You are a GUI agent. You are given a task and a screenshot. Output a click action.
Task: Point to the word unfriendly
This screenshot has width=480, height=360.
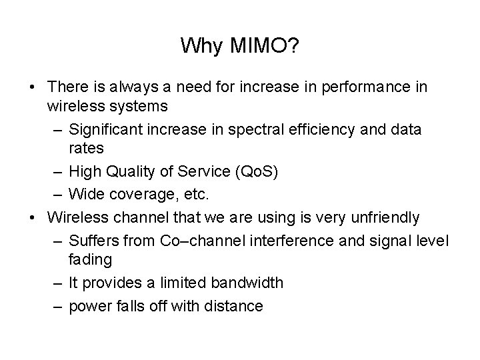383,217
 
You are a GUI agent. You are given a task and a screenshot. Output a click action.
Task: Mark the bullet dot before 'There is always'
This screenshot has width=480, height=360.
32,88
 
